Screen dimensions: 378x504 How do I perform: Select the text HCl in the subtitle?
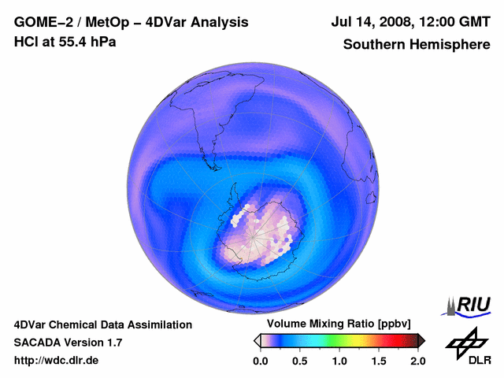[26, 42]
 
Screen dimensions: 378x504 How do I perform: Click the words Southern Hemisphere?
[417, 44]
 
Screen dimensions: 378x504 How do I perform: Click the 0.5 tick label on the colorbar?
[300, 361]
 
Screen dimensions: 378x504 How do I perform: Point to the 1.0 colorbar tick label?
[339, 361]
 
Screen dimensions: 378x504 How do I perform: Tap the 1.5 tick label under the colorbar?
[379, 361]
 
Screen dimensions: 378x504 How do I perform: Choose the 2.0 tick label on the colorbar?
[418, 361]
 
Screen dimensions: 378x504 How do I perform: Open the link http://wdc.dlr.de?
[57, 361]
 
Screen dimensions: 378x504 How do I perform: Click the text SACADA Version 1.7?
[68, 343]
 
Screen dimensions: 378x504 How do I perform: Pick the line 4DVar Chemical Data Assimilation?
[102, 324]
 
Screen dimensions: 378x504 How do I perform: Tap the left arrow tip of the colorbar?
[257, 340]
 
